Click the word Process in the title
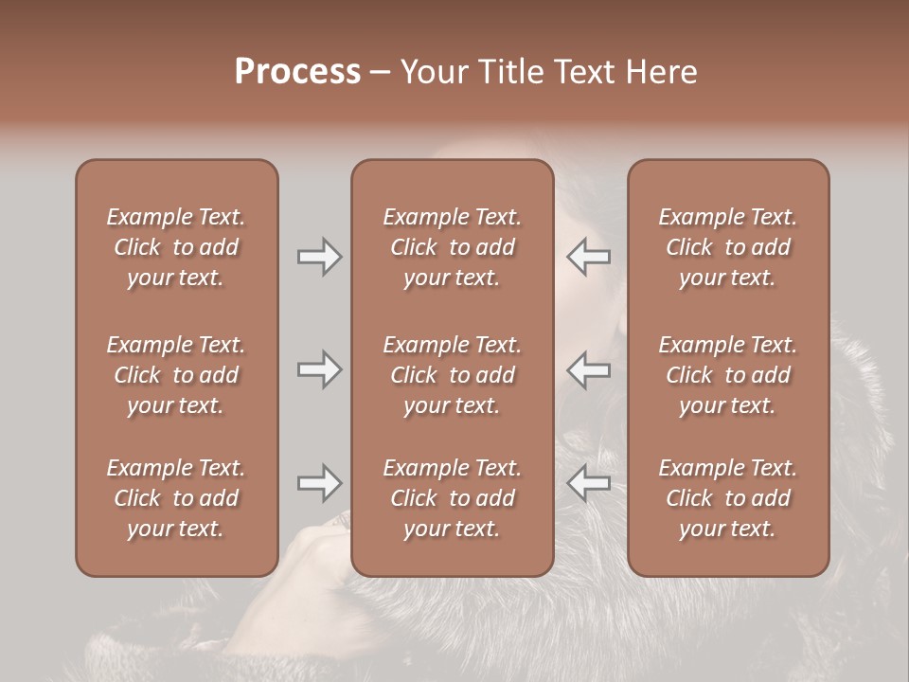coord(297,72)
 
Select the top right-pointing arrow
coord(319,257)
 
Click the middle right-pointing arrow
coord(319,369)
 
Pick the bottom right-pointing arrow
coord(319,483)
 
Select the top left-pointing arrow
coord(589,257)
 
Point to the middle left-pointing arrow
coord(589,369)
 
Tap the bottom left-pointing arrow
coord(589,483)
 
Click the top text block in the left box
coord(176,247)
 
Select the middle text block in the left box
coord(176,375)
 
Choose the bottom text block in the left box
coord(176,498)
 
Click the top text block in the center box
coord(453,247)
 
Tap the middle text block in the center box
coord(453,375)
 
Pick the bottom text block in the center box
coord(453,498)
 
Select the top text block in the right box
coord(728,247)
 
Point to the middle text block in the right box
coord(728,375)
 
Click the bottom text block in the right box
coord(728,498)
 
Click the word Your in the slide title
coord(432,72)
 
